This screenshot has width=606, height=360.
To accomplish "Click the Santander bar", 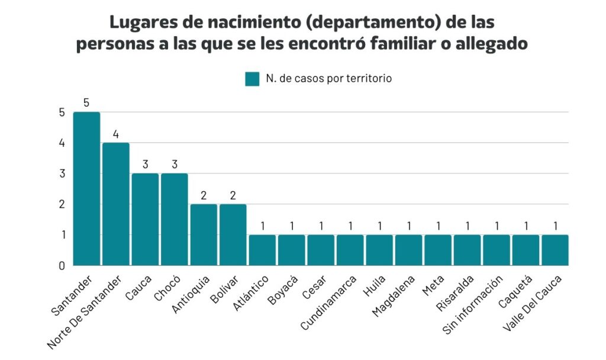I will (x=86, y=188).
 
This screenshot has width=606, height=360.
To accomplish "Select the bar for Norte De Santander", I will (x=116, y=204).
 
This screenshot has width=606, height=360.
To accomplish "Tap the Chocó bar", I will (x=175, y=219).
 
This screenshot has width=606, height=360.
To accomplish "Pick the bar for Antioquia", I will (x=204, y=234).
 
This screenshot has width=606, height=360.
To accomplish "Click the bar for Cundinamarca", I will (x=350, y=250).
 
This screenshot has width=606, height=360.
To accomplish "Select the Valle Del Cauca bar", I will (x=555, y=250).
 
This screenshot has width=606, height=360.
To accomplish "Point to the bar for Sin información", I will (x=496, y=250).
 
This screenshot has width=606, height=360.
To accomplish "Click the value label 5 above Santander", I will (x=86, y=103).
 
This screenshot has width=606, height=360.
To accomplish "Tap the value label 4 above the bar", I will (x=116, y=134).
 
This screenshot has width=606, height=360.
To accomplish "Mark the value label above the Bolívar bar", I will (x=233, y=195).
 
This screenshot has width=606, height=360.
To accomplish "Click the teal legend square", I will (x=252, y=79).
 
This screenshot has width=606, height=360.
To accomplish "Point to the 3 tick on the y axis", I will (x=62, y=173).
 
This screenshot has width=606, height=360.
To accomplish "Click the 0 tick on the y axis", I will (x=62, y=266).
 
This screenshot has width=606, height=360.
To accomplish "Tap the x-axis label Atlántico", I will (x=256, y=288).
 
